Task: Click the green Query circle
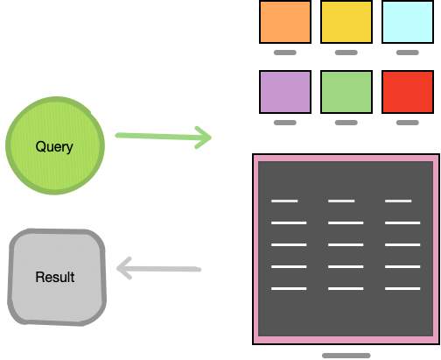pyautogui.click(x=54, y=146)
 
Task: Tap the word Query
pyautogui.click(x=54, y=146)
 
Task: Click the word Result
pyautogui.click(x=54, y=277)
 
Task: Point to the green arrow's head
pyautogui.click(x=204, y=137)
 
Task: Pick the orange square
pyautogui.click(x=285, y=21)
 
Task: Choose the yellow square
pyautogui.click(x=346, y=21)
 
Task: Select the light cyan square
pyautogui.click(x=407, y=21)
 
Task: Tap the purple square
pyautogui.click(x=285, y=91)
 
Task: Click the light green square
pyautogui.click(x=346, y=91)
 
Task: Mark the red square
pyautogui.click(x=407, y=91)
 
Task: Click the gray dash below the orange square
pyautogui.click(x=285, y=53)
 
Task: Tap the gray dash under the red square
pyautogui.click(x=407, y=123)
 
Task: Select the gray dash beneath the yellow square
pyautogui.click(x=346, y=53)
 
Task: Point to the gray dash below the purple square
pyautogui.click(x=285, y=123)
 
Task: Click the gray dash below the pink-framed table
pyautogui.click(x=346, y=356)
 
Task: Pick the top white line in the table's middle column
pyautogui.click(x=341, y=201)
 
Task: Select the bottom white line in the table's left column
pyautogui.click(x=289, y=288)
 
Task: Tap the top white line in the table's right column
pyautogui.click(x=398, y=201)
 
